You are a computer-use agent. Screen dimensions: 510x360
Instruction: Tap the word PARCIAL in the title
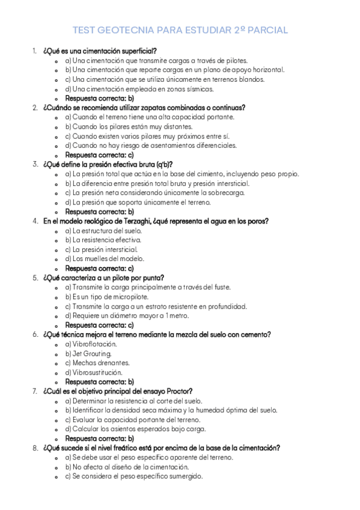point(264,29)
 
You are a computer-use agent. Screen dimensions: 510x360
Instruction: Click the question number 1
point(34,51)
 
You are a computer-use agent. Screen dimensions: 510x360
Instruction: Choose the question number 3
point(35,164)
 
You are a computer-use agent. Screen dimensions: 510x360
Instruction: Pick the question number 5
point(35,278)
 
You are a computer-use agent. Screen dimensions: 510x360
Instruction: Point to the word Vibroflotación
point(95,344)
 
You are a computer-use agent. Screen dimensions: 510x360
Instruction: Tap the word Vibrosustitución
point(97,372)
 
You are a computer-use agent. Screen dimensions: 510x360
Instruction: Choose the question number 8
point(35,448)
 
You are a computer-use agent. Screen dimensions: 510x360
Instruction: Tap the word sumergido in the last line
point(185,476)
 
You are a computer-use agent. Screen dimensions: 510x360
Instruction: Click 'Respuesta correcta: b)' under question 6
point(99,382)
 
